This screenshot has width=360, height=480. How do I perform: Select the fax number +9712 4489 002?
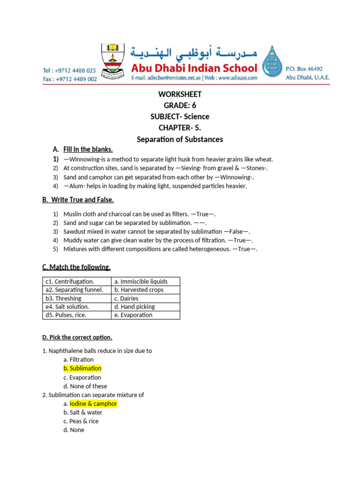tap(69, 79)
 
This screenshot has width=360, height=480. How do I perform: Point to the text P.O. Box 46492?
tap(304, 68)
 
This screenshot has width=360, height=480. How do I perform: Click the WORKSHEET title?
tap(180, 94)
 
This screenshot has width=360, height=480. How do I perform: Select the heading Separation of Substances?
tap(180, 139)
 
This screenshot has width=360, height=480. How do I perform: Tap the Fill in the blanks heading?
tap(88, 150)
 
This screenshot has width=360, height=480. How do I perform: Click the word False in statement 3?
tap(236, 232)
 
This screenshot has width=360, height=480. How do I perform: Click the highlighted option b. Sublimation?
tap(82, 368)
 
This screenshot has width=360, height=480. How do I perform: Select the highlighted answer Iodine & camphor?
tap(93, 404)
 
